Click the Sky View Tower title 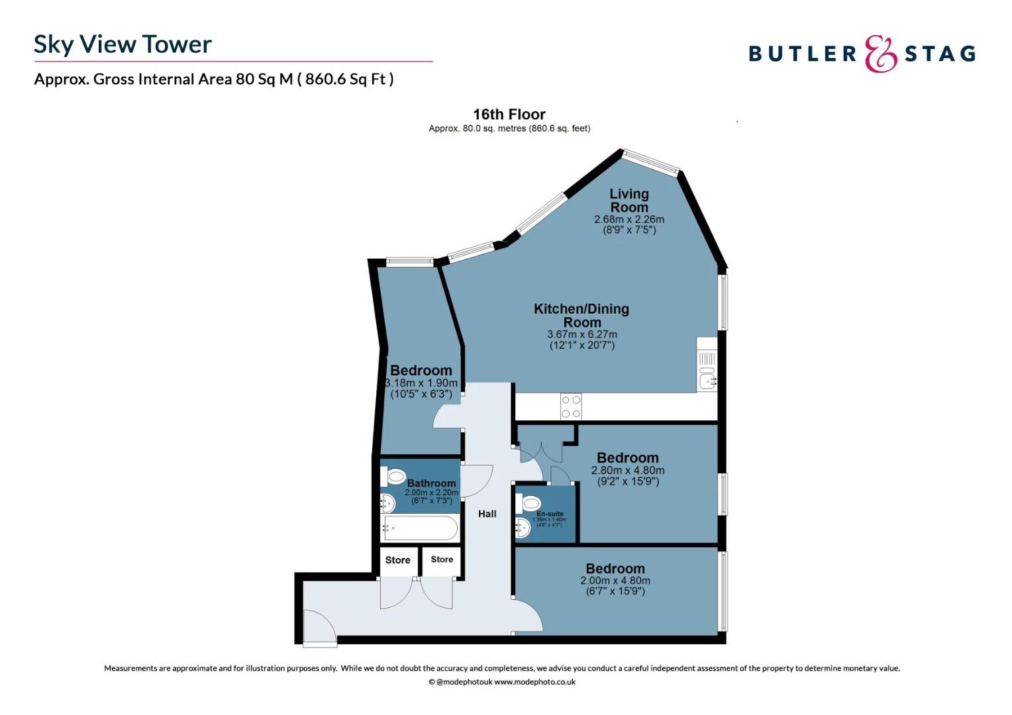(123, 44)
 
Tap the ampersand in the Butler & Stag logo (880, 54)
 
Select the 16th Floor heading (509, 115)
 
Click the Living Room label (629, 201)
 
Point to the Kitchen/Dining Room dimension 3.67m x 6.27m (582, 334)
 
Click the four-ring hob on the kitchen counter (571, 406)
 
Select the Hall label (487, 514)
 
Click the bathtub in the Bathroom (419, 528)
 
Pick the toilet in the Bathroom (394, 476)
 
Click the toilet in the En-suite (530, 504)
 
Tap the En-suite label (550, 514)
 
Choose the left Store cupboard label (397, 560)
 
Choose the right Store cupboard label (442, 559)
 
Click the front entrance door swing (319, 626)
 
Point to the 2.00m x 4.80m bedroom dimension (615, 581)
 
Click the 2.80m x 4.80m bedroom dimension (627, 471)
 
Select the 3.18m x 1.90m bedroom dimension (421, 383)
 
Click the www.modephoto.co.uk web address (534, 682)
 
